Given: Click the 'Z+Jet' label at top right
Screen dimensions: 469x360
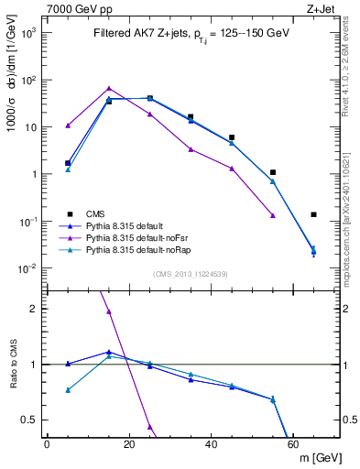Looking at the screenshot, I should [322, 8].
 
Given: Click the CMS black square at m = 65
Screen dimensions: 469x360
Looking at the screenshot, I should [313, 215].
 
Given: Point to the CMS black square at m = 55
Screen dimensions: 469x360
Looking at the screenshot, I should [273, 172].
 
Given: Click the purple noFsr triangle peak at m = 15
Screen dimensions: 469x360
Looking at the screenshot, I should [109, 89].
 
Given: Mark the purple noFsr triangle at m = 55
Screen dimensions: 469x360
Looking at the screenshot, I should [273, 215].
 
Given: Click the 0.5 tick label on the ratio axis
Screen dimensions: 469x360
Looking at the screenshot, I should [29, 420].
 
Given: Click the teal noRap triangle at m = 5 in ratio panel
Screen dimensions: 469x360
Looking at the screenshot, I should [68, 390].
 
